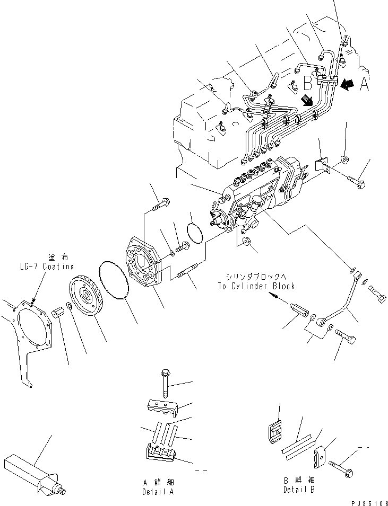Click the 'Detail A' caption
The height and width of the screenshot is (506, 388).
[x=157, y=491]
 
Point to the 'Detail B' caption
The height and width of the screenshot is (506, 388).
[x=299, y=490]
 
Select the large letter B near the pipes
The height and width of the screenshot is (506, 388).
[x=308, y=83]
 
